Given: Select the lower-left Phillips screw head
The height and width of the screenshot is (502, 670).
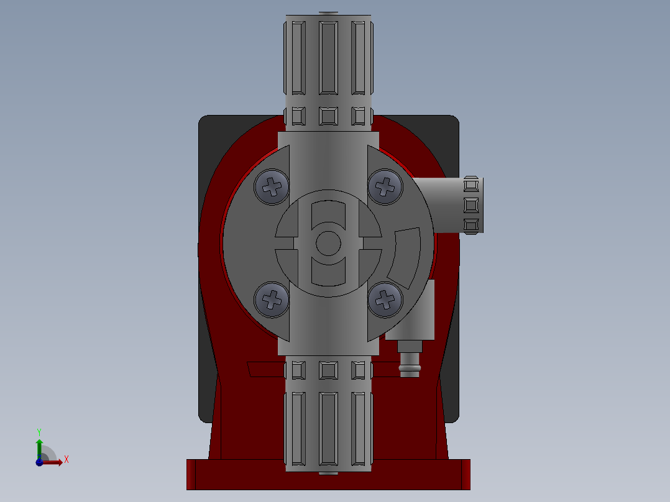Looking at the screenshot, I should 272,299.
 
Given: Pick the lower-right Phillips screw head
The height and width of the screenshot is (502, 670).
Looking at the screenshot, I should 385,299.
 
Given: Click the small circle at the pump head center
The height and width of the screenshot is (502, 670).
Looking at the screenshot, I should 328,243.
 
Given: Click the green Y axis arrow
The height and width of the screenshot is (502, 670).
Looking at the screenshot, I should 39,446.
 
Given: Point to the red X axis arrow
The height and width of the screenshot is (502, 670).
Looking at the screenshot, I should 53,462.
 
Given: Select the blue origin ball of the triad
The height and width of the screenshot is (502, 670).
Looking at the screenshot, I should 39,462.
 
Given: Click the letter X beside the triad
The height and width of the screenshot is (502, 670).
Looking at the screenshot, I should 67,460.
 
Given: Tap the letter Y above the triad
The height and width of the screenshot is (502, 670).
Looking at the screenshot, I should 39,431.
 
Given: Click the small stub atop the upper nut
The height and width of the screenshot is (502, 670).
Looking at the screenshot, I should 328,13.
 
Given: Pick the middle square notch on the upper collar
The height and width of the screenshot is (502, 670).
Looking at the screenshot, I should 328,116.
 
